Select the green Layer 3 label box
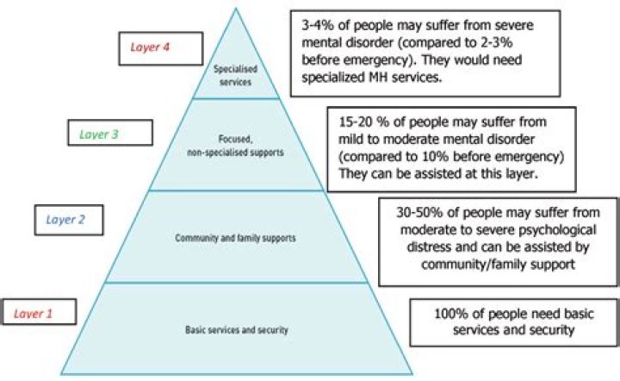[x=109, y=134]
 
